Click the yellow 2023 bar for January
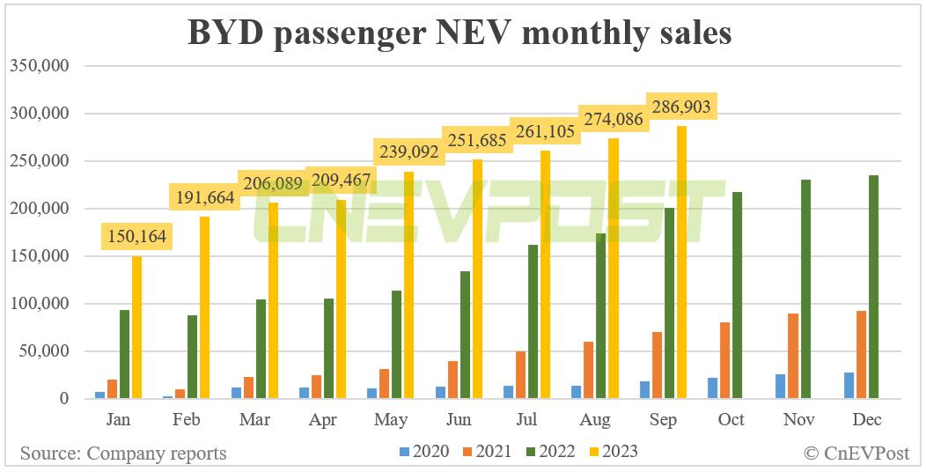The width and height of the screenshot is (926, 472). (x=136, y=328)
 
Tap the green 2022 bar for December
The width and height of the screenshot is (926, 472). (x=873, y=287)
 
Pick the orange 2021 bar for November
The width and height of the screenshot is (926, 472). (x=793, y=356)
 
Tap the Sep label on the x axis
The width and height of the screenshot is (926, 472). (x=663, y=420)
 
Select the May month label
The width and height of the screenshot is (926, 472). (x=390, y=420)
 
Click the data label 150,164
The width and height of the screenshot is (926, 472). (x=136, y=236)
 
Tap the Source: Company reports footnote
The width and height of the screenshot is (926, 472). (x=123, y=454)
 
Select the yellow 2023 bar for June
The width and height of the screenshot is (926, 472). (x=477, y=279)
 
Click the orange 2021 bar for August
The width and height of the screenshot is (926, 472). (x=589, y=370)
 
